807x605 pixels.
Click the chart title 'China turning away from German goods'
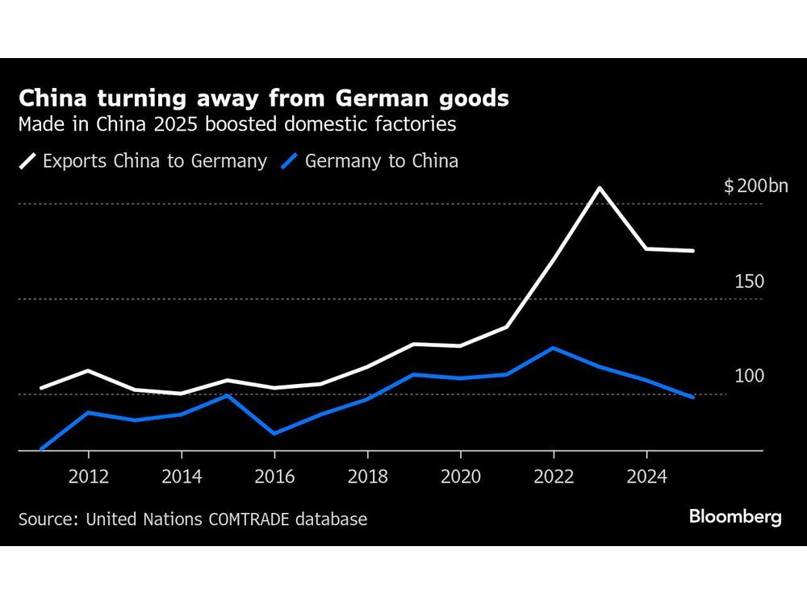click(263, 99)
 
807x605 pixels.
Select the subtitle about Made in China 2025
click(237, 125)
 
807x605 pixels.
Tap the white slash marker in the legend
click(27, 161)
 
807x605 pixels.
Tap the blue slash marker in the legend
click(290, 161)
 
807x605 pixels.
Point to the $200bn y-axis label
click(755, 187)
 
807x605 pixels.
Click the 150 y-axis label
click(749, 282)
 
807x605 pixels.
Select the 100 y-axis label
click(749, 377)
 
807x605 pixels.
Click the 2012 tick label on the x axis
click(88, 477)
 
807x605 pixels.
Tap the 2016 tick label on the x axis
click(274, 477)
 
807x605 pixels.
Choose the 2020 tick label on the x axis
click(460, 477)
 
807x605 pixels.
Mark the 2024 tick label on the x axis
click(646, 477)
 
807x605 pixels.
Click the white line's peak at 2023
click(600, 188)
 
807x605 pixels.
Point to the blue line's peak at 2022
click(553, 348)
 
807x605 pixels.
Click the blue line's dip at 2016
click(274, 434)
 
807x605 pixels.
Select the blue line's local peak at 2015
click(228, 395)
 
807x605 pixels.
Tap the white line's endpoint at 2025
click(693, 251)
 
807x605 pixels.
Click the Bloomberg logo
click(735, 517)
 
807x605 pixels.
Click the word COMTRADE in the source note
click(250, 519)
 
